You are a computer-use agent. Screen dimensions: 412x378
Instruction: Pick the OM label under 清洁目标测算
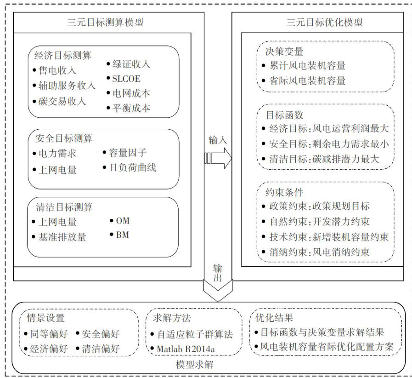click(x=123, y=221)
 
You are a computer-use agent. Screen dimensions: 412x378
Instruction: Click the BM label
click(x=122, y=235)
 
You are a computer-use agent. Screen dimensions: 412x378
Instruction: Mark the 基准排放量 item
click(x=62, y=237)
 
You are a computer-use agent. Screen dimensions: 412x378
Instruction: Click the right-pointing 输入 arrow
click(x=218, y=158)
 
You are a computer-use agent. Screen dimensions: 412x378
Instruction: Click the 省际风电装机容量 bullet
click(x=308, y=80)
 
